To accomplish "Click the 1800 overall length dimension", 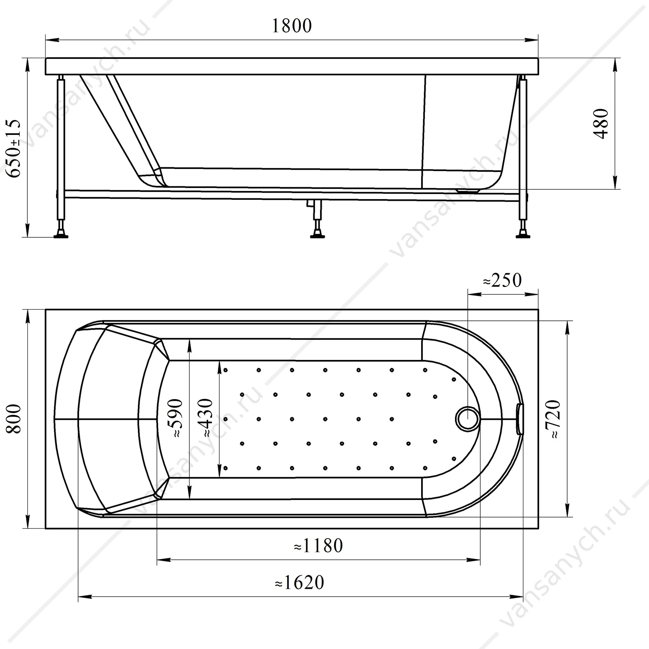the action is coord(292,26).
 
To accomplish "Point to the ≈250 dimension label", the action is coord(502,280).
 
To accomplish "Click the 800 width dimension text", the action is coord(14,418).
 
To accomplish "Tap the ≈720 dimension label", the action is coord(554,419).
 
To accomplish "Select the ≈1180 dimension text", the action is coord(318,546).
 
